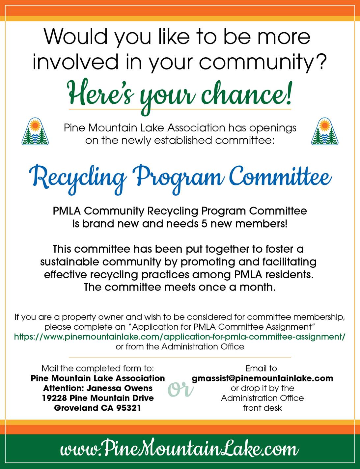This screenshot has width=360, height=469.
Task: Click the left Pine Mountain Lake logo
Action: [x=35, y=132]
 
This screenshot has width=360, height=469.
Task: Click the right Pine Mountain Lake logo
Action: [x=325, y=132]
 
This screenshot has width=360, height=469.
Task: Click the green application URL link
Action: [x=180, y=337]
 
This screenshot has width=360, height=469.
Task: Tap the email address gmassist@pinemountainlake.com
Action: [x=262, y=378]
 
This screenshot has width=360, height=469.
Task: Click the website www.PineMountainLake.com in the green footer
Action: [x=180, y=449]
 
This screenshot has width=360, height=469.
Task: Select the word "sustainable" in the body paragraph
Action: [x=69, y=262]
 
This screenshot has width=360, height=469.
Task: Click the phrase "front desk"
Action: [x=262, y=408]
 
